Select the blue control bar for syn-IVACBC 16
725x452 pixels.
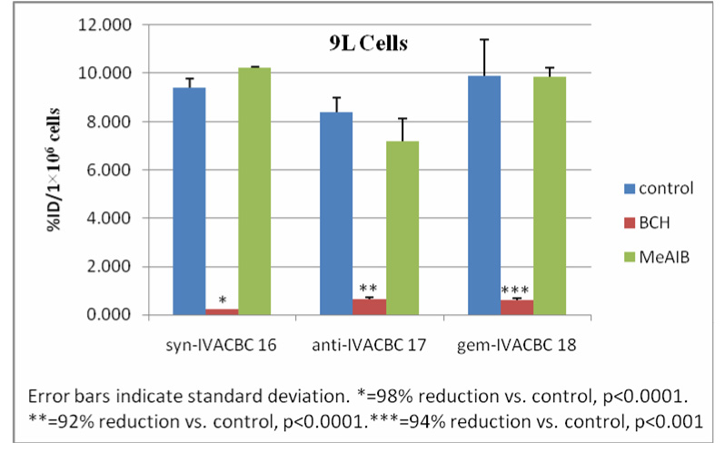tap(189, 201)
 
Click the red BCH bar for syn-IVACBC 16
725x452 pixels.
tap(222, 311)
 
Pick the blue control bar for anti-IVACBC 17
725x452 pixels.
tap(336, 213)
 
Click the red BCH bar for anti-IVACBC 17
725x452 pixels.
tap(368, 307)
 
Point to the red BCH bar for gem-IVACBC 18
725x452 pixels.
tap(517, 307)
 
